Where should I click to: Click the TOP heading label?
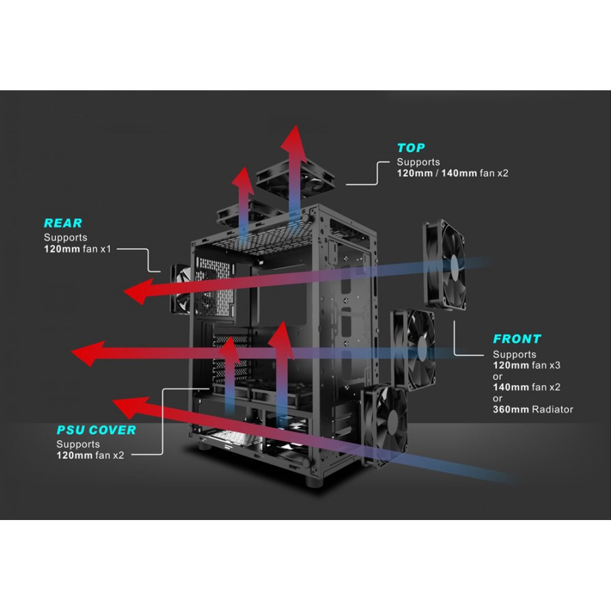(x=411, y=148)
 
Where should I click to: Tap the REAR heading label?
(x=62, y=223)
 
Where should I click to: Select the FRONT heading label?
(x=517, y=339)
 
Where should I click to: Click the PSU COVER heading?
(x=96, y=430)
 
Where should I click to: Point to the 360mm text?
(x=510, y=409)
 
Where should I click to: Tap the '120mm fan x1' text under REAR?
(x=77, y=249)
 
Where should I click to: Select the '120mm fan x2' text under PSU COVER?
(x=90, y=455)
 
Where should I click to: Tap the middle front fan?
(x=412, y=346)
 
